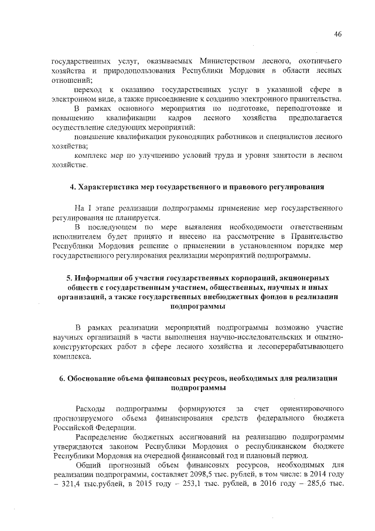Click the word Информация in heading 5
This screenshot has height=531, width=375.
click(102, 278)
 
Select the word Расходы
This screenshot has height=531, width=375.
click(90, 408)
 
